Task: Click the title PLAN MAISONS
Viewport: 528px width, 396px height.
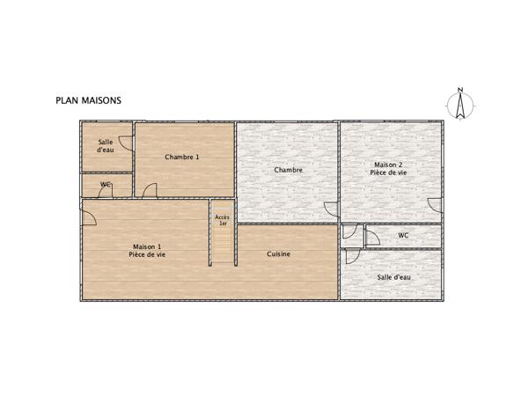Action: pos(89,100)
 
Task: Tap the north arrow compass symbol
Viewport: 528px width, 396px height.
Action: pos(459,106)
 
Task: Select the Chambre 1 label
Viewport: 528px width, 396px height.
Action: pos(182,157)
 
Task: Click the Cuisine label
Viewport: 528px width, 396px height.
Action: pos(279,254)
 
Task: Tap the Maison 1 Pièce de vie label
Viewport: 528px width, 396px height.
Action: pos(147,251)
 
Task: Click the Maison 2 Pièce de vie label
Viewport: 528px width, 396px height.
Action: pos(389,169)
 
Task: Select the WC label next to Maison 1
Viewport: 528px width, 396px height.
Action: pos(106,185)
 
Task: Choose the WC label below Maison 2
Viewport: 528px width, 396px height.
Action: pos(403,235)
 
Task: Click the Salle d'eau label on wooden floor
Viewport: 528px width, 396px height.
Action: pos(106,146)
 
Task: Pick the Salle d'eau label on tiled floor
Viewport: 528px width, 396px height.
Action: pos(393,277)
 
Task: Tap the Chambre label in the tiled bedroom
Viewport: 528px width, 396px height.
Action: pos(289,170)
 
